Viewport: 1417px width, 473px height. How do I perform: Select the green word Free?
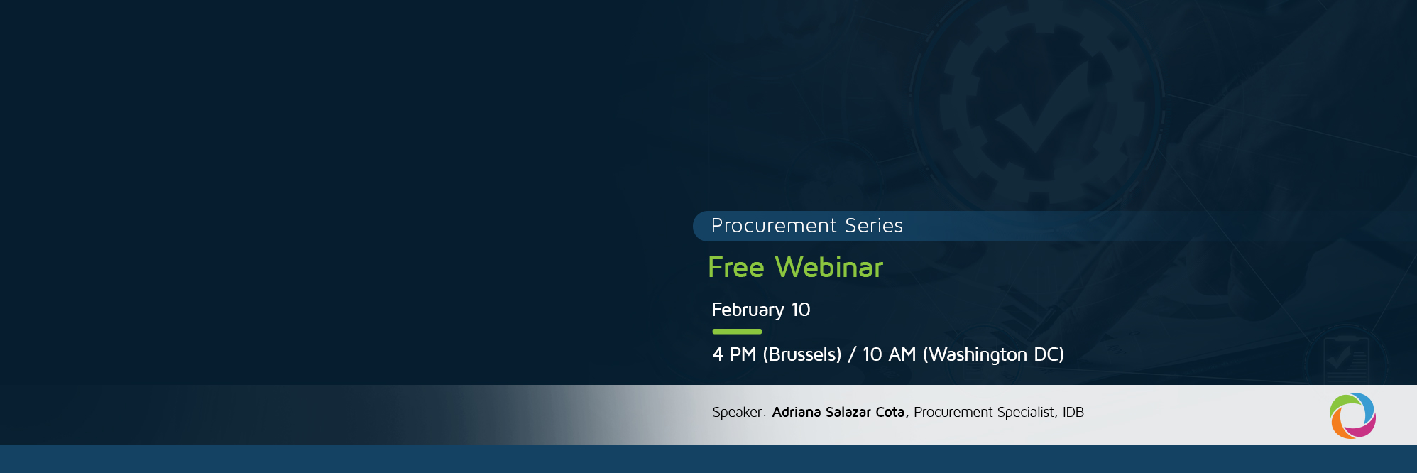(736, 268)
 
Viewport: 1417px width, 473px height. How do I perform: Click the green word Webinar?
(829, 268)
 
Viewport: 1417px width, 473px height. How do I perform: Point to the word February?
(748, 310)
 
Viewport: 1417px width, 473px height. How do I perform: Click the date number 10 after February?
(801, 310)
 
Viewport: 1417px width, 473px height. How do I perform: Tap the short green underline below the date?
(737, 332)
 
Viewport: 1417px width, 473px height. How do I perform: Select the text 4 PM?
(734, 354)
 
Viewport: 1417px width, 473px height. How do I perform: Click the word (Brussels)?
(801, 354)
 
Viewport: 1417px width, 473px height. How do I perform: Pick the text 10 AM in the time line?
(889, 354)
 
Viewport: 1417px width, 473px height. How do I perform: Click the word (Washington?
(975, 354)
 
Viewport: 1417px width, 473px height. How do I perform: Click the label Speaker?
(738, 413)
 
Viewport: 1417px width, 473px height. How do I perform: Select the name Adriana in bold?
(796, 413)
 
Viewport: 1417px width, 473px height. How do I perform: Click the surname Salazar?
(848, 413)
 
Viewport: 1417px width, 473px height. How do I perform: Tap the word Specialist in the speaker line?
(1027, 413)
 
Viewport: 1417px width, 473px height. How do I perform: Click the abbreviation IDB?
(1073, 413)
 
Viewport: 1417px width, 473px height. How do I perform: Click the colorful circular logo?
(1352, 416)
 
